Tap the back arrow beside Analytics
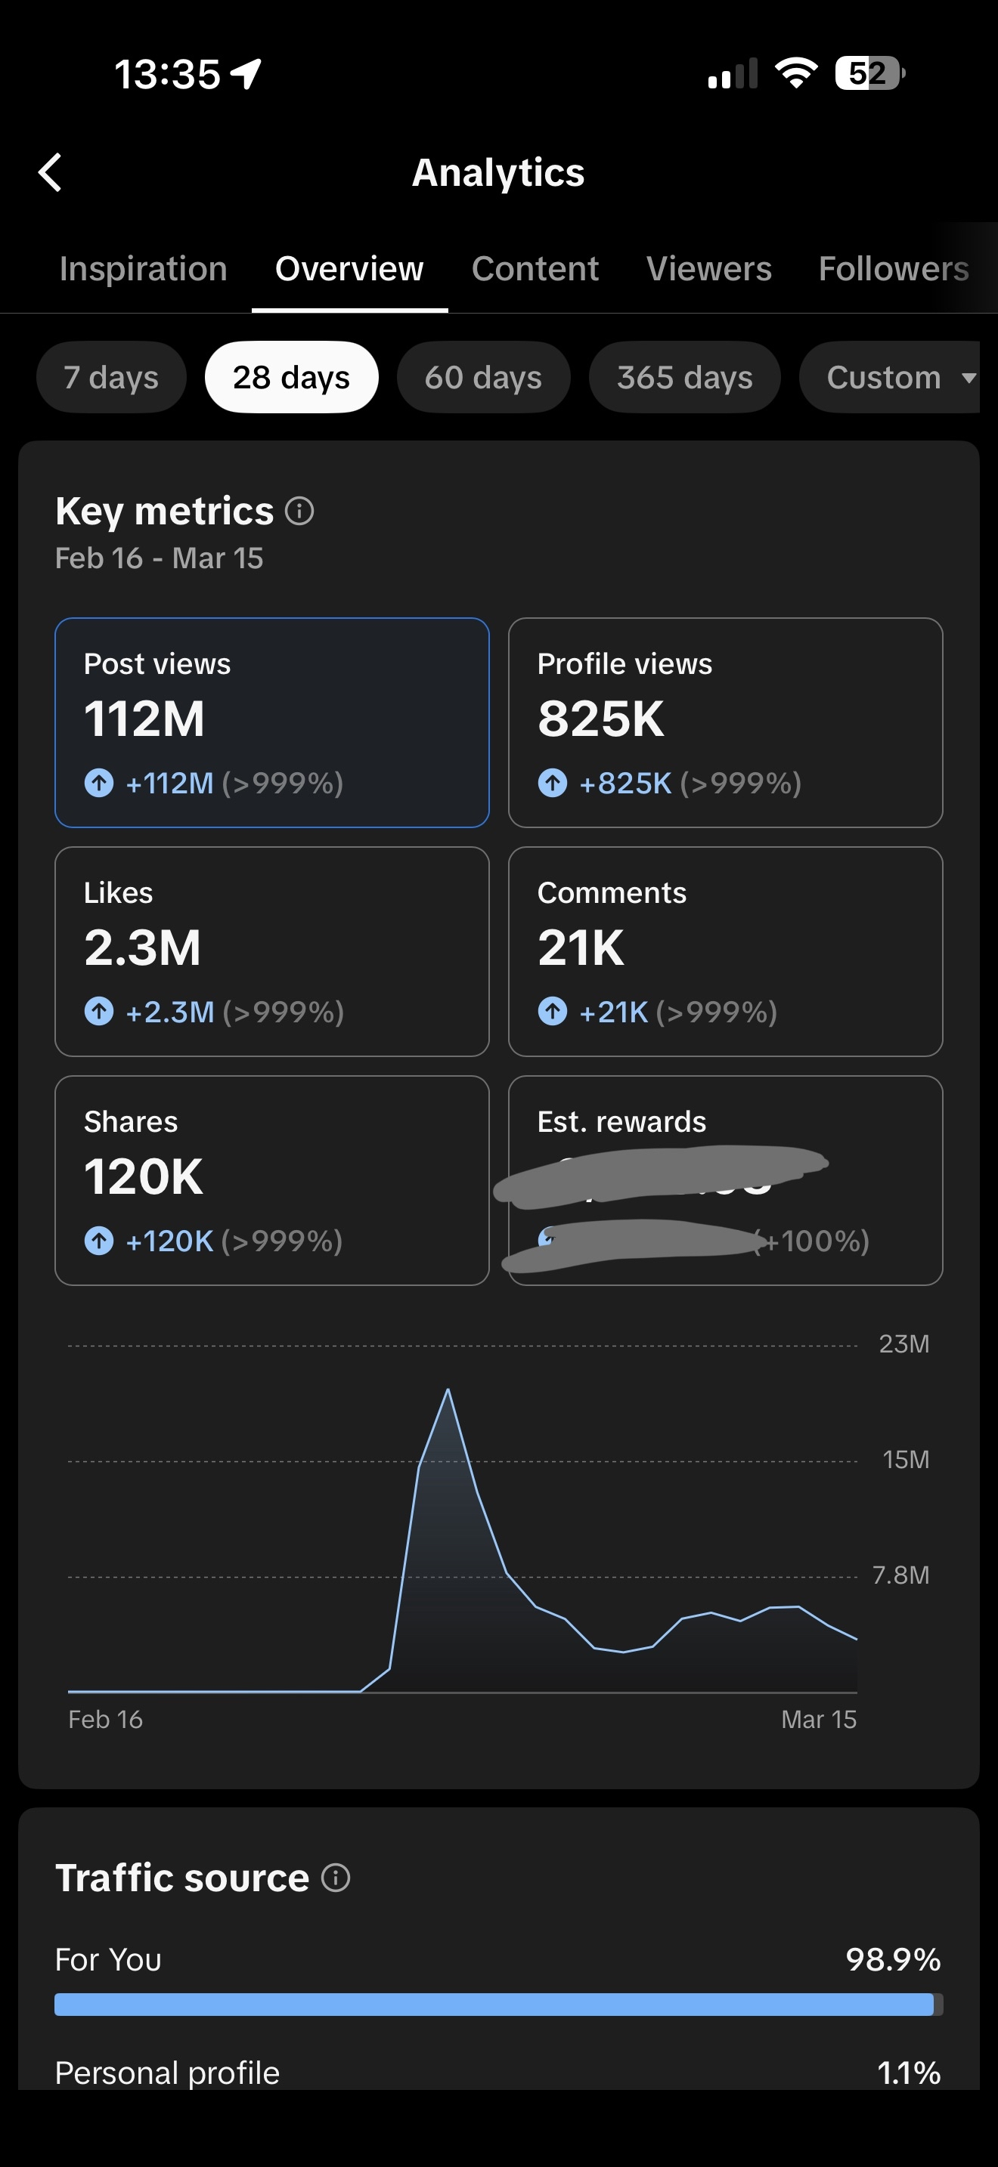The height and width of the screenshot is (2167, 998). tap(51, 172)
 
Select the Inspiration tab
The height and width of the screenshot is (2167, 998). tap(143, 269)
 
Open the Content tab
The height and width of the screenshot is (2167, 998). tap(535, 269)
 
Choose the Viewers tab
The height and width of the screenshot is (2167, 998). tap(708, 269)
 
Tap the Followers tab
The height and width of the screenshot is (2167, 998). tap(893, 269)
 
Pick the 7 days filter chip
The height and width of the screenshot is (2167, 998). tap(111, 378)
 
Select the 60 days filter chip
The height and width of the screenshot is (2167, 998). tap(483, 378)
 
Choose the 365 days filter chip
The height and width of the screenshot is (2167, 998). tap(684, 378)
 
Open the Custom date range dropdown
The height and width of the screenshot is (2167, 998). tap(892, 378)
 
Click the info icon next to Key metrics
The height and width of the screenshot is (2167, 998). tap(299, 511)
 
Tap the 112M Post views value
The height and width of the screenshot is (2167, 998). tap(144, 719)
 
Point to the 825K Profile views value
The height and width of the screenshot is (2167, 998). tap(601, 719)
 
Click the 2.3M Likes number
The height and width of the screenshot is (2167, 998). tap(142, 948)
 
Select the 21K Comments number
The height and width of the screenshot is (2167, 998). tap(581, 948)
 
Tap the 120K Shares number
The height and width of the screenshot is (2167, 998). tap(143, 1177)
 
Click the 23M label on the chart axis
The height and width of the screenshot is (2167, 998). tap(903, 1344)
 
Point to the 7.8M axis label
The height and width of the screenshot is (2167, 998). tap(900, 1575)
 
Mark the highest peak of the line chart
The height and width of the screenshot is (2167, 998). tap(448, 1390)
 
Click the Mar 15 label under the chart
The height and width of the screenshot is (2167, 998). tap(818, 1720)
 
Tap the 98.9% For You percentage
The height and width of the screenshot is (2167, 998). tap(892, 1960)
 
